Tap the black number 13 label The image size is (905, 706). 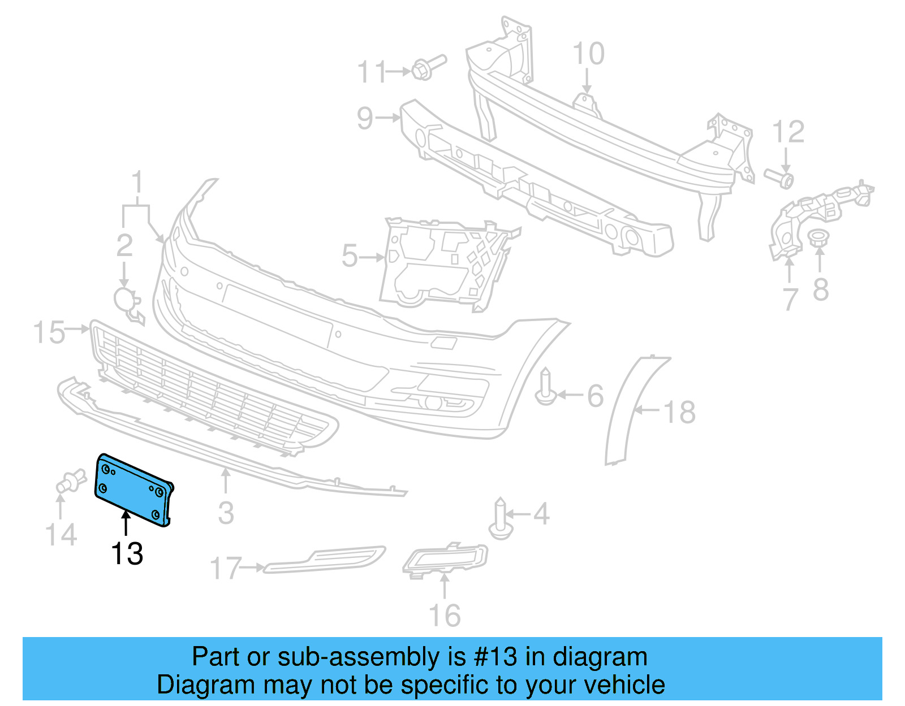click(127, 553)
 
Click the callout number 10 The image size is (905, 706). click(588, 54)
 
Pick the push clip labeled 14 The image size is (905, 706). click(70, 482)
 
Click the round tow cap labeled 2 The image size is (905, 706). click(126, 300)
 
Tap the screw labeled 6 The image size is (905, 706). click(545, 387)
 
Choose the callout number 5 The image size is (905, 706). click(350, 256)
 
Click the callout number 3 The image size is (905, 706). click(226, 513)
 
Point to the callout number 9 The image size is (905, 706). click(365, 118)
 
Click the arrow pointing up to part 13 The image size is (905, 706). click(126, 521)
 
